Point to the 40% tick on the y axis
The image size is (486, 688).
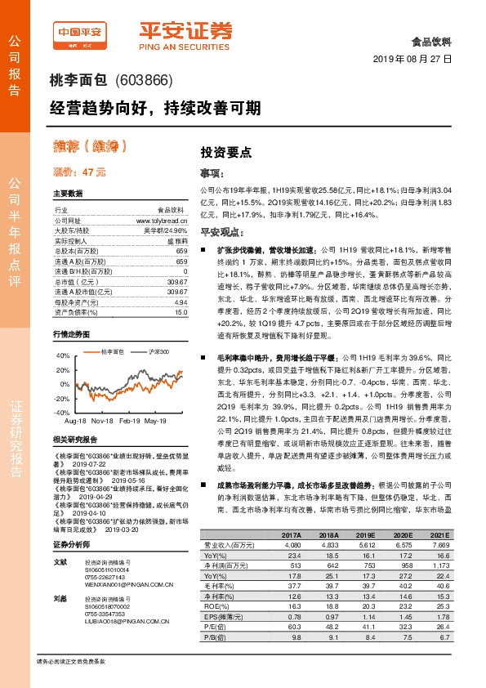[x=63, y=356]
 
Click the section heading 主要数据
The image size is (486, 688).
[x=68, y=194]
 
